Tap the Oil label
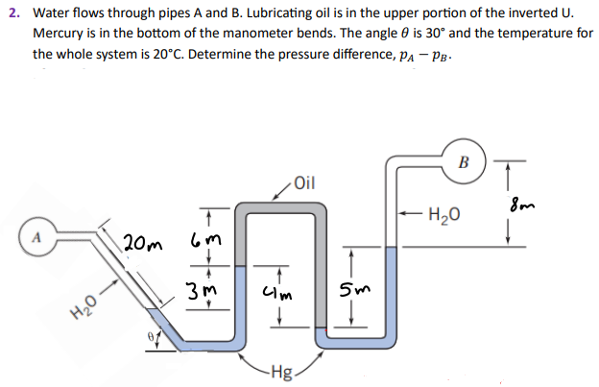pos(303,181)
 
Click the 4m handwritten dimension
pos(285,289)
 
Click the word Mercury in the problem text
pos(60,34)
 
